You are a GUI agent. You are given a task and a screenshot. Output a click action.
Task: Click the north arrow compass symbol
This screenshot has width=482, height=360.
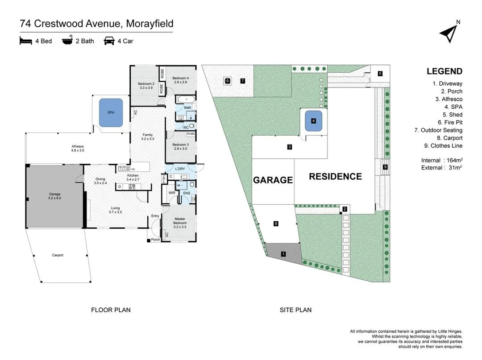[x=449, y=32]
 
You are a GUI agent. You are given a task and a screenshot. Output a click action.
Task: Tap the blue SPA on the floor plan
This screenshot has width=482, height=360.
[x=111, y=112]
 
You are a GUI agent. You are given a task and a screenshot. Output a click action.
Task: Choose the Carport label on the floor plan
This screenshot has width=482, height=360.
[x=58, y=255]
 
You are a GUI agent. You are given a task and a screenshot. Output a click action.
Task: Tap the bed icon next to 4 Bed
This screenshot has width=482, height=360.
[x=26, y=41]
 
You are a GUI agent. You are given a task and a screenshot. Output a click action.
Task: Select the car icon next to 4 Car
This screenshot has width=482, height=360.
[x=108, y=41]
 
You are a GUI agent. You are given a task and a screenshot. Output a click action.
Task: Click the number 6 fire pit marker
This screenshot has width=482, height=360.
[x=227, y=81]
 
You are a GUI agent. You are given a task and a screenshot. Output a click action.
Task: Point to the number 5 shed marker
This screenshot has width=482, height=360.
[x=380, y=74]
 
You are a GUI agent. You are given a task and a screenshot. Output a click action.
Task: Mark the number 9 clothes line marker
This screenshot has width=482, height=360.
[x=386, y=167]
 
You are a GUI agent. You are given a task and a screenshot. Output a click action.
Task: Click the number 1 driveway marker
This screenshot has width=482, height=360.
[x=283, y=254]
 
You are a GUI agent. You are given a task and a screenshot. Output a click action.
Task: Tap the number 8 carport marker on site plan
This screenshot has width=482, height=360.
[x=276, y=223]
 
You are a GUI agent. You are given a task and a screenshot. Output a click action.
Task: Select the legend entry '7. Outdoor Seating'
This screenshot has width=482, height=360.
[x=438, y=130]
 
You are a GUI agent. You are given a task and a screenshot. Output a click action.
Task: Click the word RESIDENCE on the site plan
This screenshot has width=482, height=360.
[x=335, y=177]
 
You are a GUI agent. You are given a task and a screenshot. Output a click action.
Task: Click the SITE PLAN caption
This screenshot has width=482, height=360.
[x=296, y=310]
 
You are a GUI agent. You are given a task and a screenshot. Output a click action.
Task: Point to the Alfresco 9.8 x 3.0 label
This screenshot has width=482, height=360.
[x=78, y=148]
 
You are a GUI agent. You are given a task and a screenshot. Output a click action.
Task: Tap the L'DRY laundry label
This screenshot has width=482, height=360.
[x=180, y=169]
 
